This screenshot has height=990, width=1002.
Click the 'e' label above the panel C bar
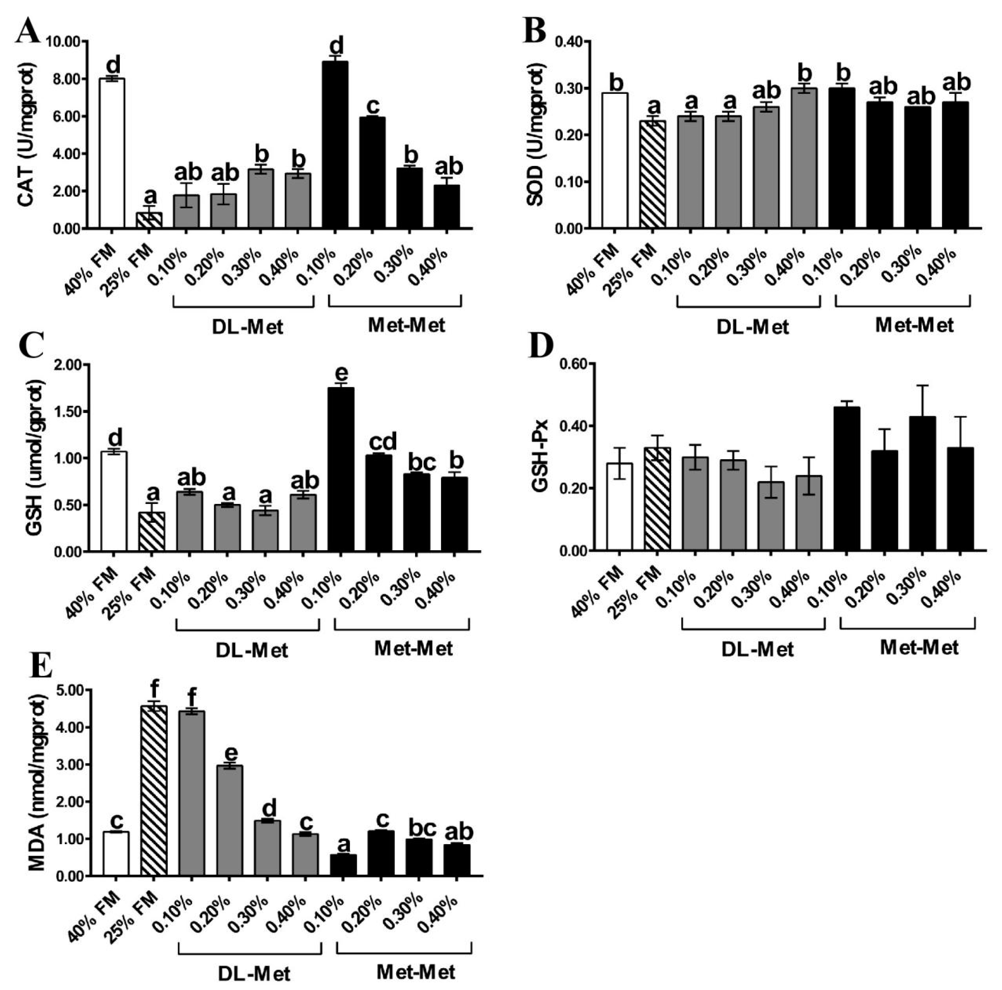(x=342, y=373)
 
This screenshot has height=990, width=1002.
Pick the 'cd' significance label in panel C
(x=382, y=441)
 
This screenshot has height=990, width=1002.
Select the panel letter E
(x=41, y=670)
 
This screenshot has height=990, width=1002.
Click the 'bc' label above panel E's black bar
(x=422, y=828)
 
